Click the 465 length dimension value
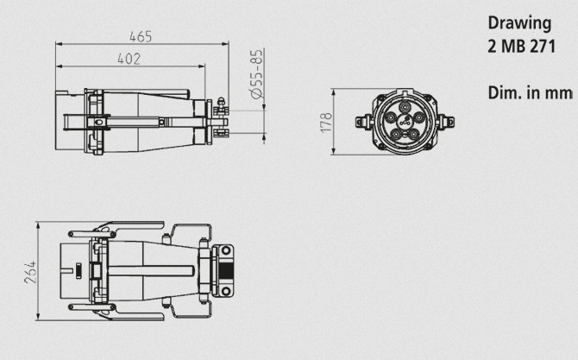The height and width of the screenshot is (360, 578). click(141, 36)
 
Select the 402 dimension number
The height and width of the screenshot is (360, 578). click(129, 59)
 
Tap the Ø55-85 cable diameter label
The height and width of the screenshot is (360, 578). click(257, 73)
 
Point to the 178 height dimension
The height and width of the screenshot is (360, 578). click(326, 123)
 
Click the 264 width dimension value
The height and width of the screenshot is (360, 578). click(30, 272)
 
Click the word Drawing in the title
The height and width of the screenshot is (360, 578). click(519, 23)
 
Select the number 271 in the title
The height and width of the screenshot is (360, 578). click(543, 47)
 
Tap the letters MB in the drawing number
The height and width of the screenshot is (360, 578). click(513, 47)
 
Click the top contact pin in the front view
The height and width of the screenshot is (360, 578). click(405, 106)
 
